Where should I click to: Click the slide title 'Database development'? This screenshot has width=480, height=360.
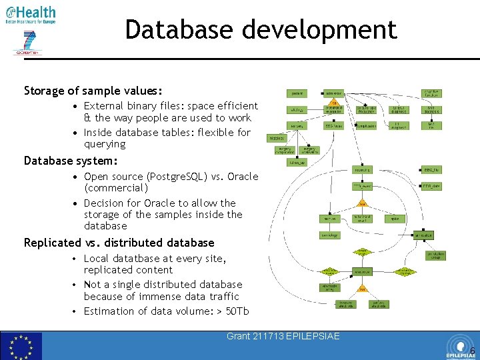(261, 30)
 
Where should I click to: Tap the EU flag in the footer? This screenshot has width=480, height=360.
(21, 346)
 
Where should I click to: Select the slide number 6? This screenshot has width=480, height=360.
(472, 351)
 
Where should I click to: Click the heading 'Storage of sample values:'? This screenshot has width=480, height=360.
(93, 90)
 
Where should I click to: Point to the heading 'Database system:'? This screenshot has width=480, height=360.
(71, 161)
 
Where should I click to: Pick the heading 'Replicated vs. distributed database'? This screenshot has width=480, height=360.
(119, 243)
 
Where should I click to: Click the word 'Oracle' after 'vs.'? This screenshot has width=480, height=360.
(242, 177)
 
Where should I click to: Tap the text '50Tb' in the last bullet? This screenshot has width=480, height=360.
(237, 311)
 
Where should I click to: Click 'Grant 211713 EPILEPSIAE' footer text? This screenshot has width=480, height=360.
(283, 336)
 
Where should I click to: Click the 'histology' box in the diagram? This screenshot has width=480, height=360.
(276, 138)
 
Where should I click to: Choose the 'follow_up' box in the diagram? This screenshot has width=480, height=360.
(297, 161)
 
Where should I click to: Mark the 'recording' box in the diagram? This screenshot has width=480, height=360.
(363, 170)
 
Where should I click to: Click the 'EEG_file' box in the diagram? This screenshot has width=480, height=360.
(431, 170)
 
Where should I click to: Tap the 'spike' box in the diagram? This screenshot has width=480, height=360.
(395, 218)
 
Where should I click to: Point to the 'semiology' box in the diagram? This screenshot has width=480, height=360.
(329, 235)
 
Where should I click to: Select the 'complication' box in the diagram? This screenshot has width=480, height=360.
(365, 125)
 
